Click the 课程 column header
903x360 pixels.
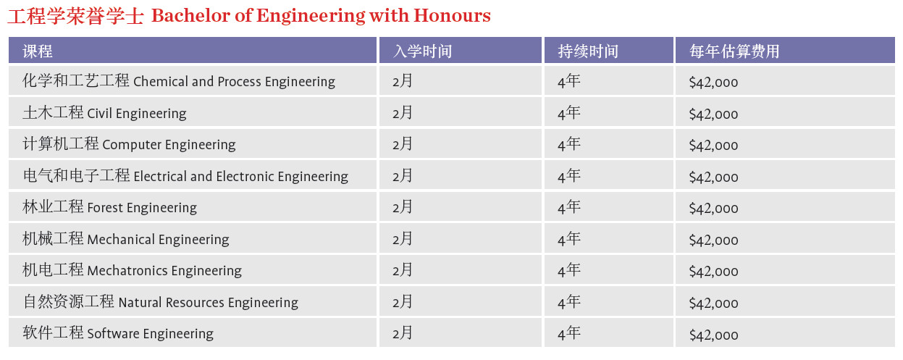(38, 51)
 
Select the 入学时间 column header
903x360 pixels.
(423, 51)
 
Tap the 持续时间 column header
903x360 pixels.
(588, 51)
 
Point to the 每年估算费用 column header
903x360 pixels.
(734, 51)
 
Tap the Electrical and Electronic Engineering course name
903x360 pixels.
(185, 176)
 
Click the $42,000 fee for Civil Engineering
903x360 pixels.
(713, 114)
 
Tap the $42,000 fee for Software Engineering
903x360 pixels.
(713, 335)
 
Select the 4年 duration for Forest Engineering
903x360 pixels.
(569, 207)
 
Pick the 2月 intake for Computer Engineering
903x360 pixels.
(403, 144)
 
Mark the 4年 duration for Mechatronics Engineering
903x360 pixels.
(569, 270)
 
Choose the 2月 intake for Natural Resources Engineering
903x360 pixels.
(403, 301)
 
